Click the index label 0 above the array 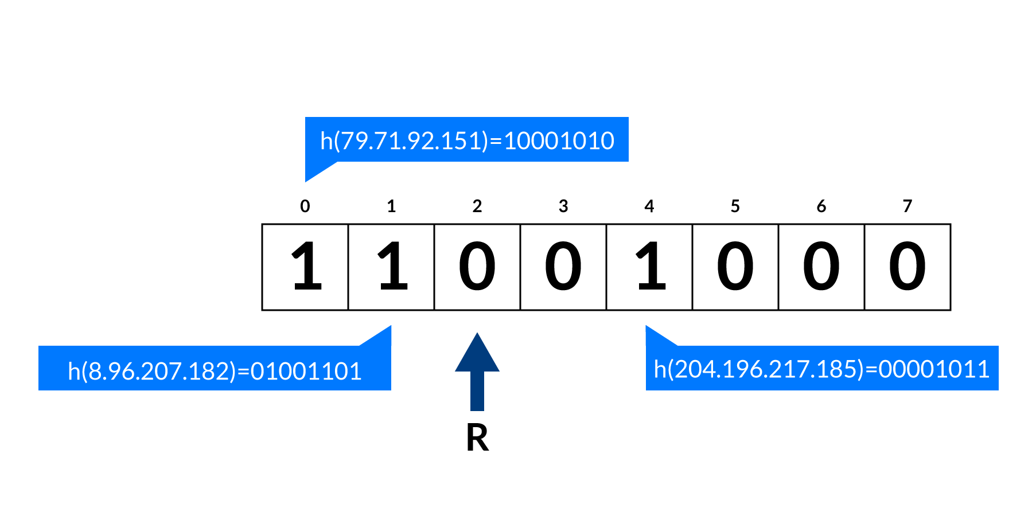click(305, 206)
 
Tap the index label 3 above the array click(563, 206)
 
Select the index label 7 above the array click(907, 206)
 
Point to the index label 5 click(735, 206)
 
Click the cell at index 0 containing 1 click(305, 267)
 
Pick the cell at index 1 click(391, 267)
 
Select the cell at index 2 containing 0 click(477, 267)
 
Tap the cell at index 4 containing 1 click(649, 267)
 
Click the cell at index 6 click(821, 267)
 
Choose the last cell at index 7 click(908, 267)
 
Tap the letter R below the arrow click(477, 439)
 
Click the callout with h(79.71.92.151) click(466, 140)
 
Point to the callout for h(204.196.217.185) click(821, 368)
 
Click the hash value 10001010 click(559, 141)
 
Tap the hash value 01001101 click(306, 372)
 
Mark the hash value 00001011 click(934, 369)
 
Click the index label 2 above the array click(477, 206)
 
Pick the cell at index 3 click(563, 267)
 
